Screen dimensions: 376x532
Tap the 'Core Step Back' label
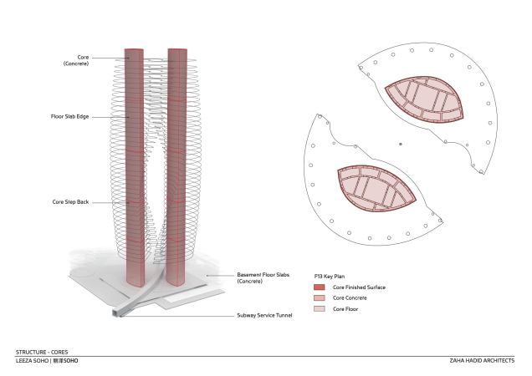click(x=72, y=201)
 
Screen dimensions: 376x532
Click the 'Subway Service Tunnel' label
click(x=263, y=315)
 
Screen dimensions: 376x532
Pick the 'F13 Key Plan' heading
click(x=329, y=274)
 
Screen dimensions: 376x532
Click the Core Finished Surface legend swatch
click(x=319, y=287)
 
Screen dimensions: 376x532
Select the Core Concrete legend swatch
click(x=319, y=297)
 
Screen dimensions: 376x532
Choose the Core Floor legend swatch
click(x=319, y=308)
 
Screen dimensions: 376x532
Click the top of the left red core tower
click(x=134, y=51)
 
